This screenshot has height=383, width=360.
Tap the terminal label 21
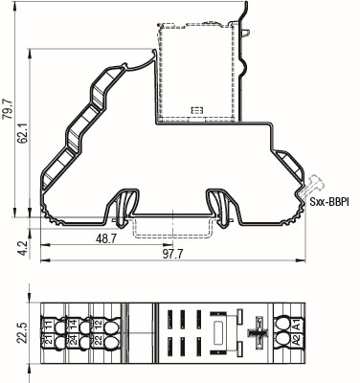(x=48, y=341)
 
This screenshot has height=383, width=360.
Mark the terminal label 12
(x=101, y=341)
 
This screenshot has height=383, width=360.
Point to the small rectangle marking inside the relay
(x=198, y=109)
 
